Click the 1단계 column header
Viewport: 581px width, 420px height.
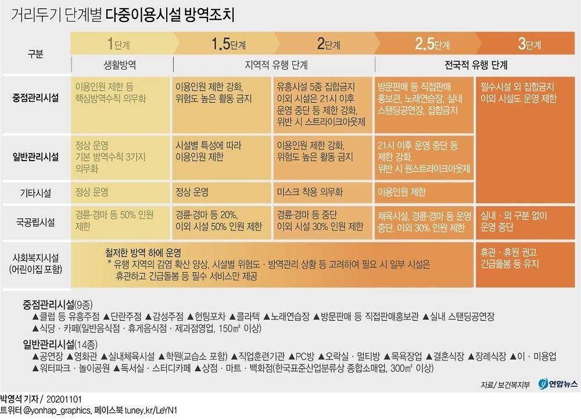coord(119,44)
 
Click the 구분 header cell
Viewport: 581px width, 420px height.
coord(35,54)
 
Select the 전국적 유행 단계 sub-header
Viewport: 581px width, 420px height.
coord(475,64)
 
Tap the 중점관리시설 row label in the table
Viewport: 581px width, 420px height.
coord(35,98)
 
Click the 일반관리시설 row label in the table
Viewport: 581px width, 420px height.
coord(35,156)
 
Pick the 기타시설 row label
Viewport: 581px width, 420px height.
coord(35,192)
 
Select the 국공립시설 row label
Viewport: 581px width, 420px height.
coord(35,221)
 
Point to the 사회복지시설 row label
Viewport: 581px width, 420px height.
coord(35,262)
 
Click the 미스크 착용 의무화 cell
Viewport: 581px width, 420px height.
coord(310,192)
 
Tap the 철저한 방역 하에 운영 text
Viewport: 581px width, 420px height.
coord(143,253)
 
